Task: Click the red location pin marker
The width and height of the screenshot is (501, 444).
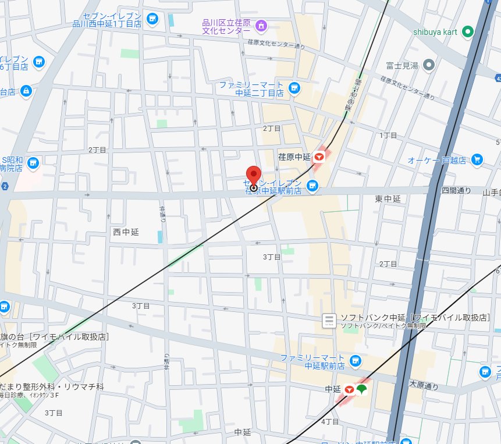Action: coord(253,175)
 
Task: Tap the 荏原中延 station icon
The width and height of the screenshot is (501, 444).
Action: coord(319,157)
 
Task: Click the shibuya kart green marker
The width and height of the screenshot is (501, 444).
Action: coord(467,32)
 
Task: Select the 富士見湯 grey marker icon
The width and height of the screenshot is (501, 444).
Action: coord(429,65)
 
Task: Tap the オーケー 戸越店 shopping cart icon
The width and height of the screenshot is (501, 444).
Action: coord(477,159)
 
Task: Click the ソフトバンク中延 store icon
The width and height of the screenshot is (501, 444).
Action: coord(329,320)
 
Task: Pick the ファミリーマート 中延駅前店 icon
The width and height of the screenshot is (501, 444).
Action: coord(356,361)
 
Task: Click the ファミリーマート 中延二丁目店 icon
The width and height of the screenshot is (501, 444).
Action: coord(294,88)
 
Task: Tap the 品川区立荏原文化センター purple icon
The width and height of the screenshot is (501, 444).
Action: coord(261,25)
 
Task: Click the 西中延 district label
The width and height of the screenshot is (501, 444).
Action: coord(126,232)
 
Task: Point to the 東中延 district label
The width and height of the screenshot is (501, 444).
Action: coord(388,199)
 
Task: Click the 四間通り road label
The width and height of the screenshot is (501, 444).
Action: coord(456,190)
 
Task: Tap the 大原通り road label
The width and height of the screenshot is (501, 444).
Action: coord(424,385)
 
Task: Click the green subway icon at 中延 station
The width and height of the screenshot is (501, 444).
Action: coord(362,388)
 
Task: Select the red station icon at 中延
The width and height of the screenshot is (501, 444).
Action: coord(350,389)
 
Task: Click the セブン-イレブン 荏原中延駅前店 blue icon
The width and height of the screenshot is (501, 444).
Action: coord(312,186)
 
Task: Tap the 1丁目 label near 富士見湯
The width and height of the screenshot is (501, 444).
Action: coord(388,135)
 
